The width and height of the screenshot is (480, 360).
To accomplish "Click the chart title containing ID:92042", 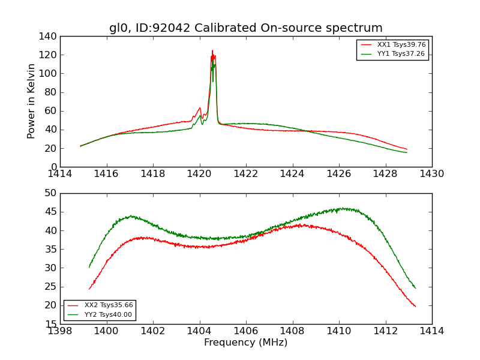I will coord(245,28).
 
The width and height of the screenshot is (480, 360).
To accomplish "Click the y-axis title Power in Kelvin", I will coord(31,101).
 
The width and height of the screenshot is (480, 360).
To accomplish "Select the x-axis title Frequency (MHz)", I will coord(245,343).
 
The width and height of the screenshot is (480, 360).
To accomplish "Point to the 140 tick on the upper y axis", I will coord(49,37).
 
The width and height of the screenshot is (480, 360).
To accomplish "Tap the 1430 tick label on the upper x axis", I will coord(431,174).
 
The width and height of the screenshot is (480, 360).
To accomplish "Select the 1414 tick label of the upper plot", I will coord(60,174).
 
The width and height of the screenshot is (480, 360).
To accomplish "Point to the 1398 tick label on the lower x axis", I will coord(60,331).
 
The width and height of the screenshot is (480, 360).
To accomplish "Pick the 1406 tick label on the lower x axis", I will coord(246,331).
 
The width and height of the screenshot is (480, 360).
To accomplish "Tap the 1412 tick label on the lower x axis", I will coord(385,331).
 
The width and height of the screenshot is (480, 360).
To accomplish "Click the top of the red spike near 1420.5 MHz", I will coord(212,50).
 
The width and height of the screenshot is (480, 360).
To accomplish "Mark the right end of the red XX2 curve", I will coord(415,307).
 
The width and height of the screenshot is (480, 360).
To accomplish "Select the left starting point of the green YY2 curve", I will coord(89,267).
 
